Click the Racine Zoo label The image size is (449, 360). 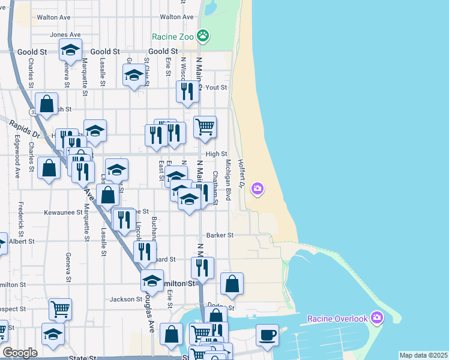pos(173,37)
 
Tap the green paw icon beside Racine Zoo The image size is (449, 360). pos(204,36)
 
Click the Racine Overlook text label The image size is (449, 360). pos(337,318)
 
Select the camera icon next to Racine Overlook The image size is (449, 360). pos(376,317)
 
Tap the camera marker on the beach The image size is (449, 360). pos(258,190)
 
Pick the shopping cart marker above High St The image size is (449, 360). pos(205,126)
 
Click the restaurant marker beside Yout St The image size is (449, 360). pos(187,91)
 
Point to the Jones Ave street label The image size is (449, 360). pos(65,35)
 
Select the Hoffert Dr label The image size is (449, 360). pos(241,173)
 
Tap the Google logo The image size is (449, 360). pos(20,353)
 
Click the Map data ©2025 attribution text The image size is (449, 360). pos(423,355)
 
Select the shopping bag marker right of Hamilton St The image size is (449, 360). pos(232,284)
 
